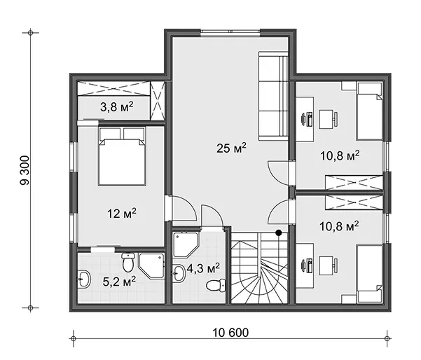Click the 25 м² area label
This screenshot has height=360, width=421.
point(231,148)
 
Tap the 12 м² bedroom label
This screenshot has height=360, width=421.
point(122,214)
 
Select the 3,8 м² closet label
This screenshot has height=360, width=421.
point(117,107)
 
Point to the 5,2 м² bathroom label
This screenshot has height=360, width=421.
point(119,282)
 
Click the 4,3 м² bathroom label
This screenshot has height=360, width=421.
point(203,268)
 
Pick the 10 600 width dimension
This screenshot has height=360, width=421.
point(230,333)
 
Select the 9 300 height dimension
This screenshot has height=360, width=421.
point(25,170)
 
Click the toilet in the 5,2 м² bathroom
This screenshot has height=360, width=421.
point(128,261)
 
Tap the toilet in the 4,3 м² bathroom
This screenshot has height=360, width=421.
point(216,285)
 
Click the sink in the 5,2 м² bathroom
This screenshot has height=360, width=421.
point(84,279)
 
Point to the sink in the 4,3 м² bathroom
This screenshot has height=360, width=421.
point(179,274)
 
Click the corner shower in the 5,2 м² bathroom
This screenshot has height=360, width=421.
point(151,265)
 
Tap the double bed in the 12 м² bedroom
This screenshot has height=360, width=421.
point(122,156)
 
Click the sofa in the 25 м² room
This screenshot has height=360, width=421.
point(273,96)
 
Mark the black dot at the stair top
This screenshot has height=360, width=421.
point(279,233)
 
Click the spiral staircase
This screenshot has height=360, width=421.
point(259,268)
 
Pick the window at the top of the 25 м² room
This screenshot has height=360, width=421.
point(230,32)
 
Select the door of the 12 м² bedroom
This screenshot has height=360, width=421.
point(181,208)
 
